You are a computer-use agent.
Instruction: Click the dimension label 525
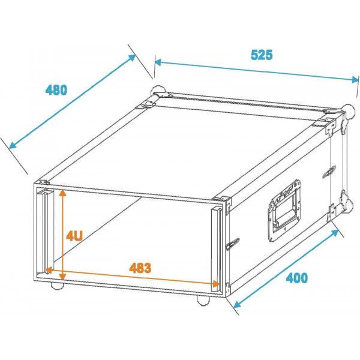[x=262, y=55]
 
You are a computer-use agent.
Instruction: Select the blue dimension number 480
[x=56, y=90]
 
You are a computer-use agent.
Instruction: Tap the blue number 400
[x=296, y=278]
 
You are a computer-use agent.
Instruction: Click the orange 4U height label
[x=74, y=236]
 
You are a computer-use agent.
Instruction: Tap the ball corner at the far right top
[x=347, y=110]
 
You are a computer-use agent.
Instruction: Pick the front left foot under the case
[x=58, y=286]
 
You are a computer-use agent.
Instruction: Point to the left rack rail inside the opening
[x=43, y=231]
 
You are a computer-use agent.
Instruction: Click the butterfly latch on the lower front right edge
[x=233, y=244]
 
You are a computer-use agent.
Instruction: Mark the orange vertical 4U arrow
[x=62, y=234]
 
